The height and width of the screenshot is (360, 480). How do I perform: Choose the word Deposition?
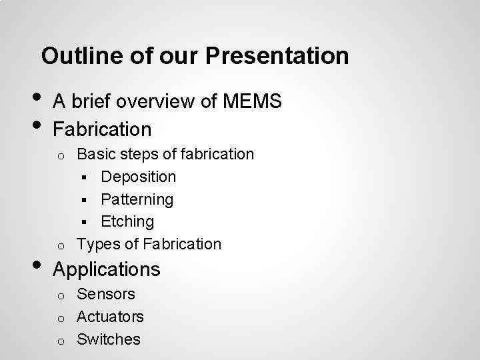point(139,177)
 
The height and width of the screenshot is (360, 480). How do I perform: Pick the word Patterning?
point(137,199)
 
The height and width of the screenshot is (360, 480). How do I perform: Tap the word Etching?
point(127,221)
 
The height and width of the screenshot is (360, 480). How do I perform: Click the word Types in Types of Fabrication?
point(97,244)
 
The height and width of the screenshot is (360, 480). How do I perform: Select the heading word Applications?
point(107,269)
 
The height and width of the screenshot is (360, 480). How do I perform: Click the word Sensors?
point(106,294)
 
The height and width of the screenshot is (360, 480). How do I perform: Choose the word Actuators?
point(110,316)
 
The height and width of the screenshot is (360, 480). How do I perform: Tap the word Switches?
point(109,339)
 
